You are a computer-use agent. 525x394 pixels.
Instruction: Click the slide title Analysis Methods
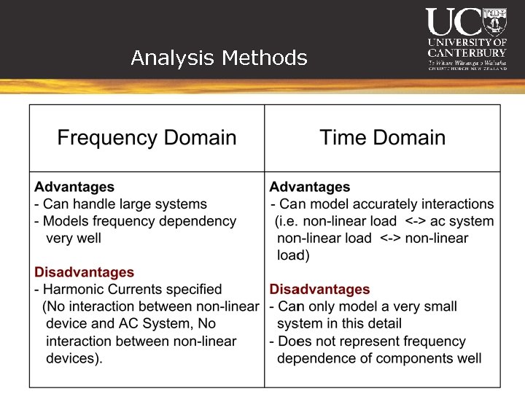219,58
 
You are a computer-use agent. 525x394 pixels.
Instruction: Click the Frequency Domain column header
147,137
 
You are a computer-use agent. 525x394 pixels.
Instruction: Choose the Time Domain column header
382,137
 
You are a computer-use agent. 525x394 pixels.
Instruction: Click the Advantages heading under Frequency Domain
74,188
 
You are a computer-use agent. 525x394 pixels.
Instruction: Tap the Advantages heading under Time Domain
310,188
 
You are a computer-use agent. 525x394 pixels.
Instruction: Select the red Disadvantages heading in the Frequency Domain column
85,272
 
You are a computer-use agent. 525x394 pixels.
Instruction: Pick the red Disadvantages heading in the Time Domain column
320,289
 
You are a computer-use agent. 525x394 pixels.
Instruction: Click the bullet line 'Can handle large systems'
125,204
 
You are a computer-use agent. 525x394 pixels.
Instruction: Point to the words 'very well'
73,238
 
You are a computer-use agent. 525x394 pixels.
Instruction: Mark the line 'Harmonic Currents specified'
132,290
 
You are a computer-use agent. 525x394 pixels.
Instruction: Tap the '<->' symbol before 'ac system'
416,221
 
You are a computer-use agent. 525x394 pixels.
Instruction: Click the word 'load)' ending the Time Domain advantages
293,255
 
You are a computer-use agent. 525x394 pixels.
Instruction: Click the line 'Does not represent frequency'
371,341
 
